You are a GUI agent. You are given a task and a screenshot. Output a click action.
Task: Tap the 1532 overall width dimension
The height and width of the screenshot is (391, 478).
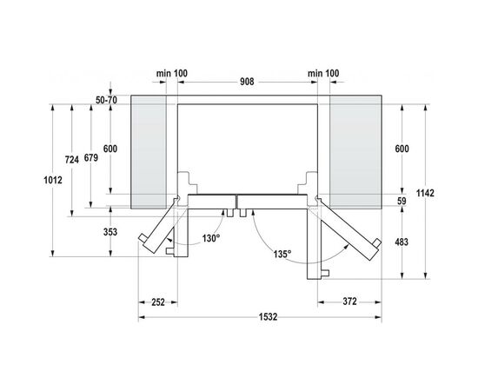(x=267, y=317)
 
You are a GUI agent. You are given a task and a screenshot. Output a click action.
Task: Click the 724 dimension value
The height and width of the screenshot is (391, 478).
(x=72, y=159)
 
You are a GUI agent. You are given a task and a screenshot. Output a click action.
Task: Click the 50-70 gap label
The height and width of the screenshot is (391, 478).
(x=107, y=102)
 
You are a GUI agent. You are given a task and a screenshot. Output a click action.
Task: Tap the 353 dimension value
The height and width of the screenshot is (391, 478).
(x=110, y=232)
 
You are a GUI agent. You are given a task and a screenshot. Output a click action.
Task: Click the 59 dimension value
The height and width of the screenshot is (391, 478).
(x=402, y=202)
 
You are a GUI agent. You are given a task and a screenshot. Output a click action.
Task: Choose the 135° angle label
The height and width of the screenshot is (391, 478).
(x=280, y=255)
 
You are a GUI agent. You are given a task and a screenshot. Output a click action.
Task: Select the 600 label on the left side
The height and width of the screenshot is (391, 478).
(x=110, y=149)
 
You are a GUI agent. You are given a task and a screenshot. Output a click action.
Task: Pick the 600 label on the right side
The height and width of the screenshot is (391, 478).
(x=401, y=149)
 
